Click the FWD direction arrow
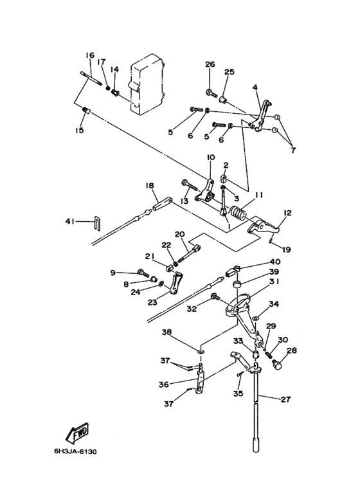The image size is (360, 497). pos(77,433)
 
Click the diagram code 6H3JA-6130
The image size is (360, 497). pos(75,451)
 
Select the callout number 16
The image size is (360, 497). pos(90,55)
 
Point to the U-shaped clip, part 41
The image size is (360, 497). pos(98,222)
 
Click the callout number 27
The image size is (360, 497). pos(286,399)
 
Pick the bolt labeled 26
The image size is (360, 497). pos(212,93)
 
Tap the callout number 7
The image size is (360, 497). pos(293,150)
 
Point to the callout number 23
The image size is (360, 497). pos(152,302)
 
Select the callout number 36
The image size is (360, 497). pos(163,384)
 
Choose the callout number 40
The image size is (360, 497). pos(275,262)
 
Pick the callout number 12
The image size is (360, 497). pos(287,212)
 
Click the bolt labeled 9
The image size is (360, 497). pos(143,272)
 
